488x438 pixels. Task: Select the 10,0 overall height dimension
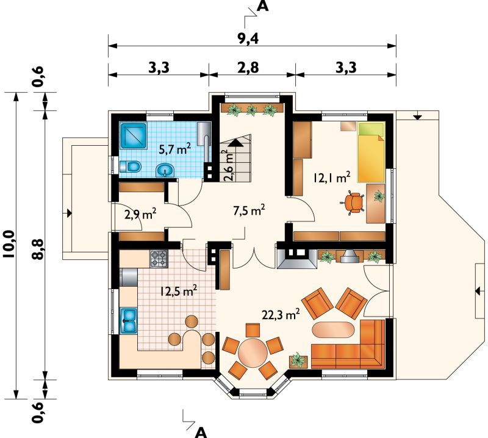point(9,244)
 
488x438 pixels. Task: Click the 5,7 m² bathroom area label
point(174,149)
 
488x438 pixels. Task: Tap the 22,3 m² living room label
point(281,314)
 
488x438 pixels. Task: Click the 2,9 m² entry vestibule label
point(140,214)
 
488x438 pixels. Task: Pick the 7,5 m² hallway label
point(249,210)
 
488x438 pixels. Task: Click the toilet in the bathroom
point(131,167)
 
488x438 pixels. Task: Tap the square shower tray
point(133,136)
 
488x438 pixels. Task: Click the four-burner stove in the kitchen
point(159,259)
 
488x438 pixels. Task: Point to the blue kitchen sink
point(128,320)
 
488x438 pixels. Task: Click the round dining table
point(253,353)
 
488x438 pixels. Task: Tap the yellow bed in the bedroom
point(371,153)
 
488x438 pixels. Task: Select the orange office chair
point(353,203)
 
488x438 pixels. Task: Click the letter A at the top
point(263,7)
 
